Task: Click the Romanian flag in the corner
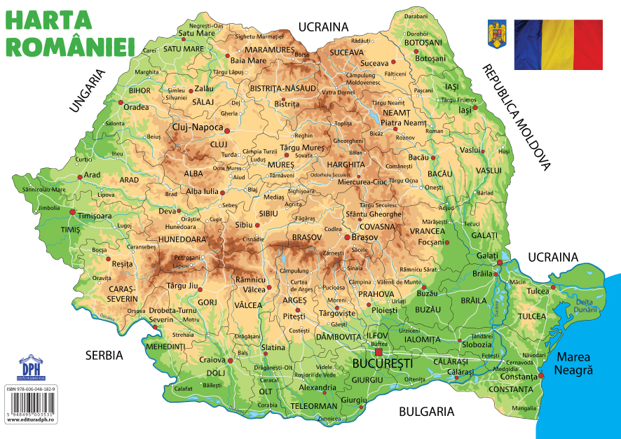(558, 45)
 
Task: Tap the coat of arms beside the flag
(496, 35)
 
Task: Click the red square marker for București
(379, 352)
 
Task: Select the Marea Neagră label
(574, 363)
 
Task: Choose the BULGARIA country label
(426, 412)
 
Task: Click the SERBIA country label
(104, 355)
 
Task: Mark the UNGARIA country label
(87, 90)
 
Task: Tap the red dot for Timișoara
(72, 211)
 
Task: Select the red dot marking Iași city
(453, 111)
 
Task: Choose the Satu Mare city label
(196, 32)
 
